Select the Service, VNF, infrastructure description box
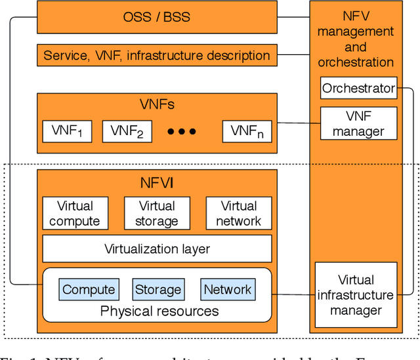pyautogui.click(x=156, y=56)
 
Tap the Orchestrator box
pyautogui.click(x=358, y=88)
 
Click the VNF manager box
pyautogui.click(x=358, y=123)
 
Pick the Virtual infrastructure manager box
pyautogui.click(x=356, y=295)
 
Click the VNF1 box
pyautogui.click(x=67, y=131)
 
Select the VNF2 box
pyautogui.click(x=127, y=131)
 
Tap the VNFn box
pyautogui.click(x=247, y=131)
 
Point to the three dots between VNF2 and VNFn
pyautogui.click(x=182, y=132)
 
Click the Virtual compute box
pyautogui.click(x=75, y=214)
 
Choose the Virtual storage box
pyautogui.click(x=156, y=214)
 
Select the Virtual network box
pyautogui.click(x=238, y=214)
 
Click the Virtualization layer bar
pyautogui.click(x=156, y=249)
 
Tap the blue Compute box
pyautogui.click(x=89, y=289)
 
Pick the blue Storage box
pyautogui.click(x=157, y=289)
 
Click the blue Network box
pyautogui.click(x=227, y=289)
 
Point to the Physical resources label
pyautogui.click(x=159, y=311)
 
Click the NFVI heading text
pyautogui.click(x=156, y=183)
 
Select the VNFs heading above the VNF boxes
pyautogui.click(x=157, y=105)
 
